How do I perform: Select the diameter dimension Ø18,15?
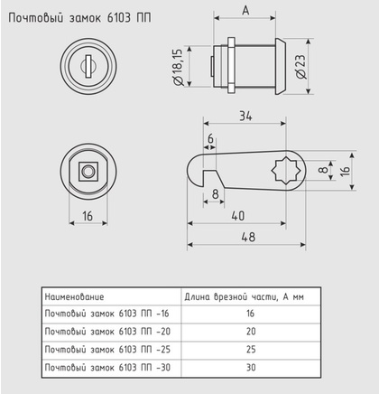point(181,67)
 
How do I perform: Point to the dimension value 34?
point(246,115)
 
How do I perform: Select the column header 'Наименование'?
point(75,296)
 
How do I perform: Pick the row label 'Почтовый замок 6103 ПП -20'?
point(106,332)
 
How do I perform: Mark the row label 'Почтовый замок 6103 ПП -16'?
point(106,314)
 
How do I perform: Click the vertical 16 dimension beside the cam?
point(345,169)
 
